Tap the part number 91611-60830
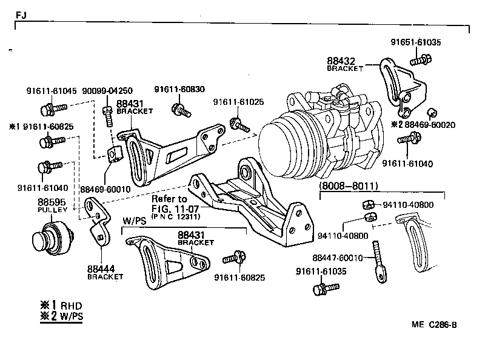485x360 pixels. pos(179,89)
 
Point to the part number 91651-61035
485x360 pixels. pos(416,42)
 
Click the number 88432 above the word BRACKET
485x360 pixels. pos(341,61)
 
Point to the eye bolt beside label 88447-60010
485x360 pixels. pos(380,261)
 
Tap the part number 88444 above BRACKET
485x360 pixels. pos(99,268)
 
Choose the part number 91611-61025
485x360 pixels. pos(238,102)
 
